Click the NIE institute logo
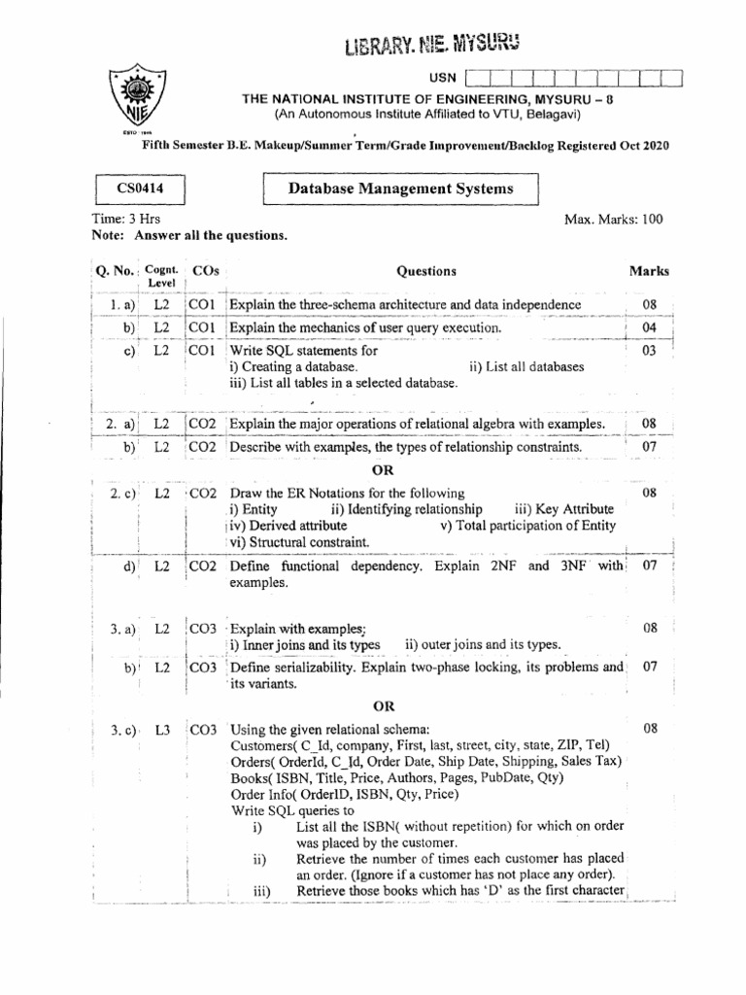129,98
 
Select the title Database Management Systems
399,189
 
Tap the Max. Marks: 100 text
613,220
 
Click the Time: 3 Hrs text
125,220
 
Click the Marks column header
648,272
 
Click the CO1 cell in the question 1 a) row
202,306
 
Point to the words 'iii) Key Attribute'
563,509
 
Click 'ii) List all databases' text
526,366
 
